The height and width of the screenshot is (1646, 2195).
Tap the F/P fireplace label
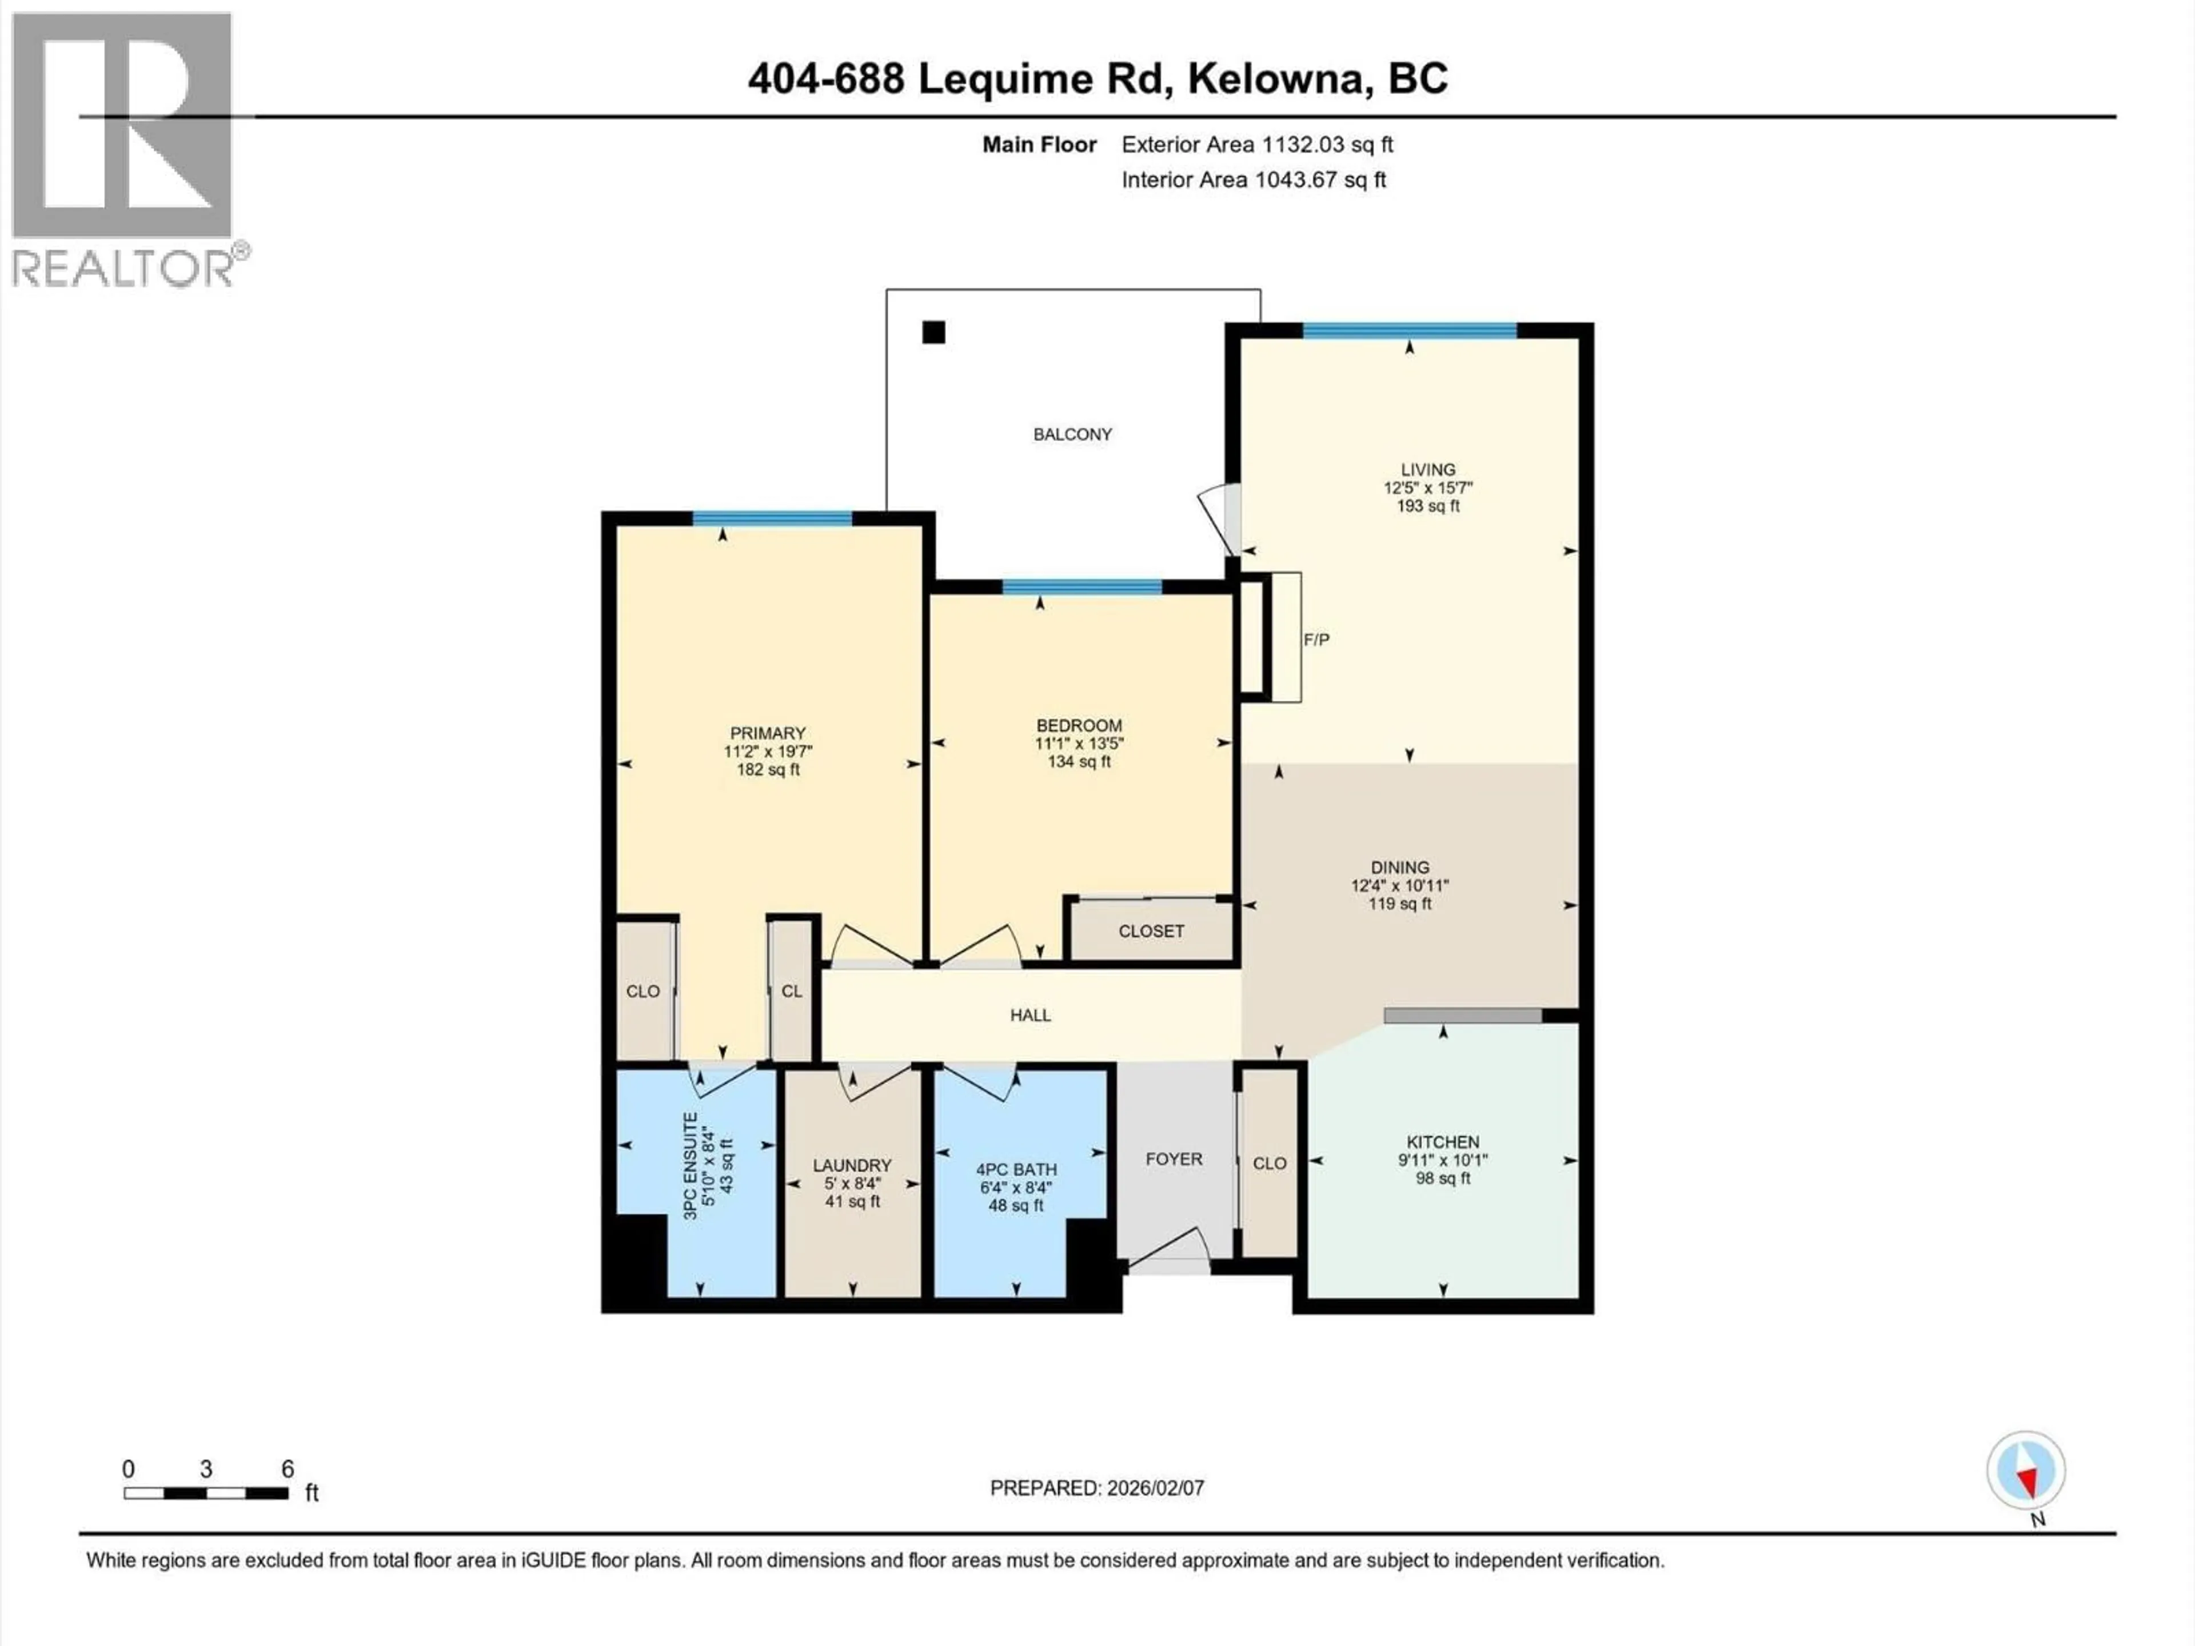click(1316, 640)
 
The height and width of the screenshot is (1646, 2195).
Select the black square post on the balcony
click(933, 333)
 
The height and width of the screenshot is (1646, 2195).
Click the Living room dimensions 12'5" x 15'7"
click(1428, 488)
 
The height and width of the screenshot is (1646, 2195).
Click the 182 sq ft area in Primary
click(767, 770)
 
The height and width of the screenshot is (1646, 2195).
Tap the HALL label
click(1030, 1015)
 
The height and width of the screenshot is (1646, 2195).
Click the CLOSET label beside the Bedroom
click(1151, 930)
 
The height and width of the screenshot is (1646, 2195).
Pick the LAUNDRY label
click(851, 1165)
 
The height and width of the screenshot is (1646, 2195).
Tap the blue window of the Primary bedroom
click(772, 518)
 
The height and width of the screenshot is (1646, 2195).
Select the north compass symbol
click(2025, 1471)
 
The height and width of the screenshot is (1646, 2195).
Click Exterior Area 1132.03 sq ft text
click(1256, 145)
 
